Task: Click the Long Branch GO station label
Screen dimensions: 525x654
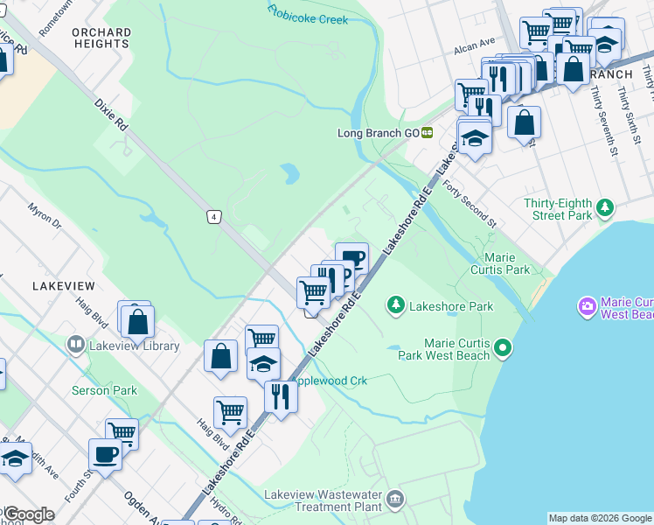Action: point(379,133)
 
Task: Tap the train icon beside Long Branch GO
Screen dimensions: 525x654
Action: point(427,133)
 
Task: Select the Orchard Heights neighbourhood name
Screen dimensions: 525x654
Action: point(101,38)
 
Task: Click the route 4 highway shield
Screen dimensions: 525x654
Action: point(212,215)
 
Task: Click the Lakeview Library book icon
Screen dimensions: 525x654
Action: point(75,346)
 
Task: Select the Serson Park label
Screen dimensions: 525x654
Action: point(104,390)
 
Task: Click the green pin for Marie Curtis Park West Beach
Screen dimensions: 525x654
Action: point(502,349)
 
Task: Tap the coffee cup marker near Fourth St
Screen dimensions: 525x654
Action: point(105,455)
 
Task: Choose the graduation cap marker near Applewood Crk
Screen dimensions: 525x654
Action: point(263,363)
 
